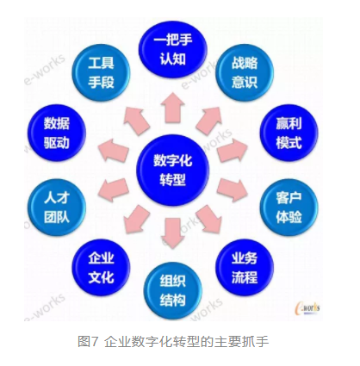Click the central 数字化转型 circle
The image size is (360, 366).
tap(172, 171)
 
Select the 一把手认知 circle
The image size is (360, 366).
tap(172, 50)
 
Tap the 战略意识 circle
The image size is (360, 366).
tap(245, 72)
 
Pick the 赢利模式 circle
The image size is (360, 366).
tap(289, 133)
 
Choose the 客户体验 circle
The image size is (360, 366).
tap(289, 208)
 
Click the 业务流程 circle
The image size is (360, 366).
tap(245, 268)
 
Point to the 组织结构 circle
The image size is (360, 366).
tap(172, 290)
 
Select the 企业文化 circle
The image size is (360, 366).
tap(101, 268)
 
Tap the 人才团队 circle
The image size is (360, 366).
tap(57, 208)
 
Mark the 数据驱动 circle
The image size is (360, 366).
tap(57, 133)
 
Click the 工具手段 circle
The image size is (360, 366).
tap(101, 72)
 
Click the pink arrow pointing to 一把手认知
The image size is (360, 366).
tap(172, 108)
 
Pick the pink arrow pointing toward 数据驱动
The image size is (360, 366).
tap(113, 150)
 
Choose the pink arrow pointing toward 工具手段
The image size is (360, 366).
tap(136, 120)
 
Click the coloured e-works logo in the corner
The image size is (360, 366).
tap(307, 307)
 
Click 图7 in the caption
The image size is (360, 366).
tap(88, 342)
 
